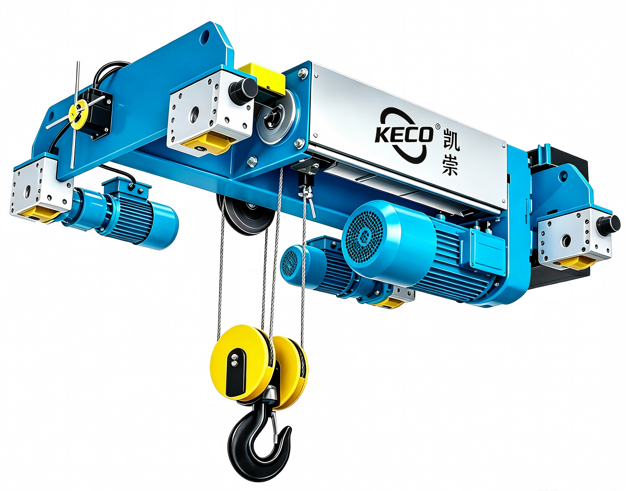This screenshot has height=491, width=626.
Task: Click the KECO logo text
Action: coord(404,134)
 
